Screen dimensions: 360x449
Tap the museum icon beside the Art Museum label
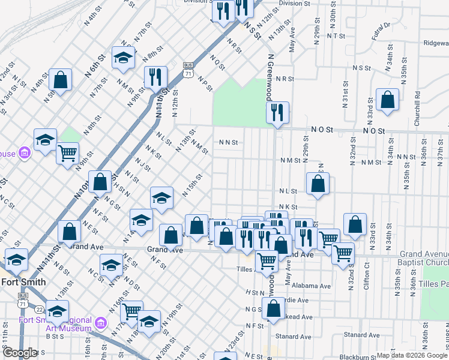tap(100, 324)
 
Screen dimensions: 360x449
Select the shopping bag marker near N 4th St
tap(61, 80)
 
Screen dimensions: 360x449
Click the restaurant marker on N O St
tap(277, 113)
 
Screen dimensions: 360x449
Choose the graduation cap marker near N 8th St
tap(124, 58)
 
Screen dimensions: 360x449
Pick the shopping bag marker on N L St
tap(318, 184)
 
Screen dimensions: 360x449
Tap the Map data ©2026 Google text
tap(411, 355)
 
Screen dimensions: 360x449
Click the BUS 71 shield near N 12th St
tap(188, 68)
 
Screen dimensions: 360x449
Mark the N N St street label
tap(229, 143)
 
